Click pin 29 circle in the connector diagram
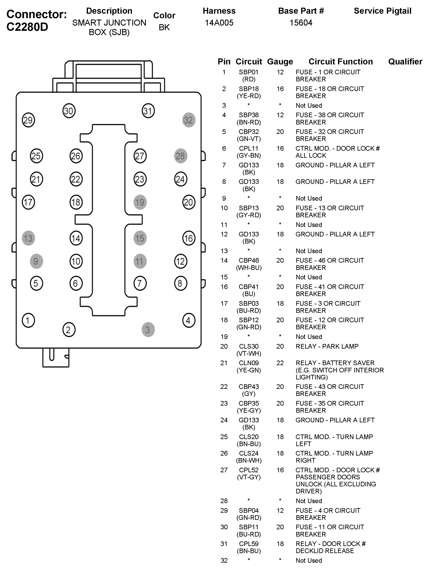click(28, 120)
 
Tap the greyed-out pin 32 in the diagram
click(189, 120)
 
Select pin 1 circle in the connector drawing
click(28, 320)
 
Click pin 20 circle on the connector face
click(189, 202)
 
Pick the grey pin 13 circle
click(28, 238)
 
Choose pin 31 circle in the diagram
click(148, 111)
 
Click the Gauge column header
click(280, 62)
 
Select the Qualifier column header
click(405, 62)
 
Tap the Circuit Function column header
click(340, 62)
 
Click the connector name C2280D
click(27, 27)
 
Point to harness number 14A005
click(219, 23)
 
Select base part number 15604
click(301, 23)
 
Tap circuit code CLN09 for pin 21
click(249, 363)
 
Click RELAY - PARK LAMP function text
click(327, 346)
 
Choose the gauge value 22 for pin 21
click(280, 363)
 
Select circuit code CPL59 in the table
click(249, 544)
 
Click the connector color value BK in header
click(164, 27)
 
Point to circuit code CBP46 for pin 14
click(249, 260)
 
